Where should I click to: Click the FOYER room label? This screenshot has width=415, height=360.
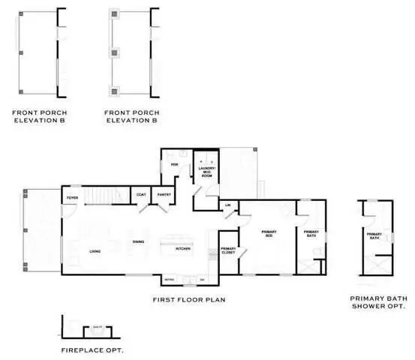73,198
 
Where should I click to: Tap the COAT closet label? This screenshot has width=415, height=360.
141,195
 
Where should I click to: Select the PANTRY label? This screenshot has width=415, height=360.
165,195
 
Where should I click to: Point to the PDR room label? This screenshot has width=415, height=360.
174,164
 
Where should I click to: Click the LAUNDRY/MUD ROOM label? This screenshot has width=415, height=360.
208,172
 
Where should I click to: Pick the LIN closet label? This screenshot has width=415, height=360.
227,205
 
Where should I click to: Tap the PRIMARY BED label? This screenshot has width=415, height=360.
269,234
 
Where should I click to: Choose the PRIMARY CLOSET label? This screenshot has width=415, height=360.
228,251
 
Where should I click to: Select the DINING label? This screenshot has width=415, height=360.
138,241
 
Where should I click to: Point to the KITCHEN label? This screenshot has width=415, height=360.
182,248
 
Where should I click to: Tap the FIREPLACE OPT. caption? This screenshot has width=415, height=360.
92,350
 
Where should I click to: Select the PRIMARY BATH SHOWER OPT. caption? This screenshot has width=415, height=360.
379,302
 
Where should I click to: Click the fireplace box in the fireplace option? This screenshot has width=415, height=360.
97,327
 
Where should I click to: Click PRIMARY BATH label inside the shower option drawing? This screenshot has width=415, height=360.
375,236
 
